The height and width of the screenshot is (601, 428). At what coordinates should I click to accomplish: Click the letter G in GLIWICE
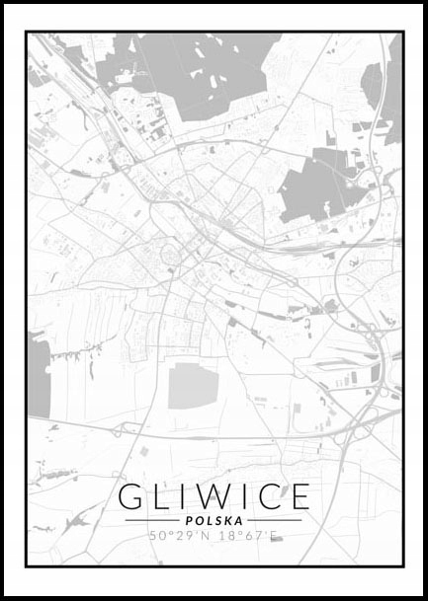coord(131,496)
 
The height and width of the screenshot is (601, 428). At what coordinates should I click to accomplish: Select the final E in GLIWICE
coord(299,496)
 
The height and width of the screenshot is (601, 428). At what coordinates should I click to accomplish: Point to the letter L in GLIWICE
coord(162,496)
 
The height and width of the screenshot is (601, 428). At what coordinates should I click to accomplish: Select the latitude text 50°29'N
coord(180,536)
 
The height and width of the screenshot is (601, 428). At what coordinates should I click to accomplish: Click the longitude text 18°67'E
coord(247,536)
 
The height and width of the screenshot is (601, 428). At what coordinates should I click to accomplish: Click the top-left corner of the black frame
coord(27,33)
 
